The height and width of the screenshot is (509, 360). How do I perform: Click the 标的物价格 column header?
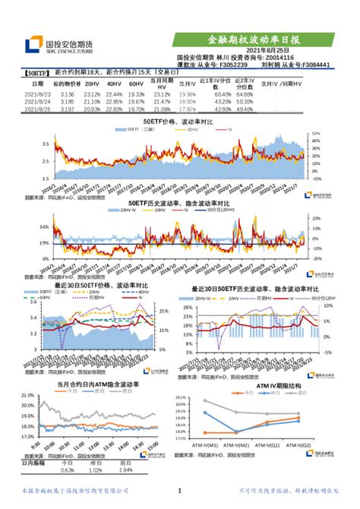(67, 84)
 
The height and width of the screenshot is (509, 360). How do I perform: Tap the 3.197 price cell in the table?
(67, 109)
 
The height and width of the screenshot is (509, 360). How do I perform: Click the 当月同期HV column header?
(162, 84)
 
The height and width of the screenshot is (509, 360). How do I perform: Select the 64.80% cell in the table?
(244, 93)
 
